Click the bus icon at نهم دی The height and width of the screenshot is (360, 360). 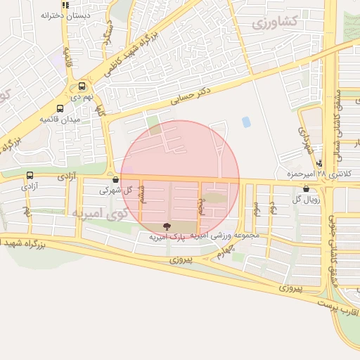click(82, 86)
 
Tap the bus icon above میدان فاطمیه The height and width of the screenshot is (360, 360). click(60, 109)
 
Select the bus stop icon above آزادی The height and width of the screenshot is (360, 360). click(30, 176)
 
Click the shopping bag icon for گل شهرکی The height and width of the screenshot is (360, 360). click(115, 179)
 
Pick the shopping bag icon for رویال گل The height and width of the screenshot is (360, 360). click(306, 188)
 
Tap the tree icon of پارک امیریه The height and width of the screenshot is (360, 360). click(166, 226)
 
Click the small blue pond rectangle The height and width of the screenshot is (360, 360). click(246, 122)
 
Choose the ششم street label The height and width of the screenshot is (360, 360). click(143, 195)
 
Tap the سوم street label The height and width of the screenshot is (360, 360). click(257, 208)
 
